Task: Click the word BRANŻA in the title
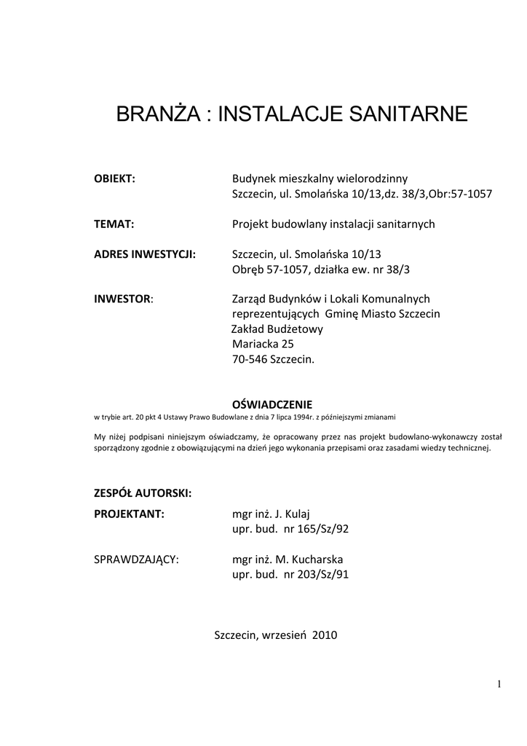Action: pos(153,114)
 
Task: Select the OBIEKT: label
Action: pos(115,179)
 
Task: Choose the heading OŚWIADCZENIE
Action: pos(272,404)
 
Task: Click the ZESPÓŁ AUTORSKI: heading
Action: pos(143,493)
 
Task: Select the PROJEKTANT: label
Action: pos(130,514)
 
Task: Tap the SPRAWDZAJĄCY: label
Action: pos(137,559)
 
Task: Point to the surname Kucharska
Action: pos(317,559)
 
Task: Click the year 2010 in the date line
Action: pos(325,635)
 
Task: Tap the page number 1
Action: pos(500,683)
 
